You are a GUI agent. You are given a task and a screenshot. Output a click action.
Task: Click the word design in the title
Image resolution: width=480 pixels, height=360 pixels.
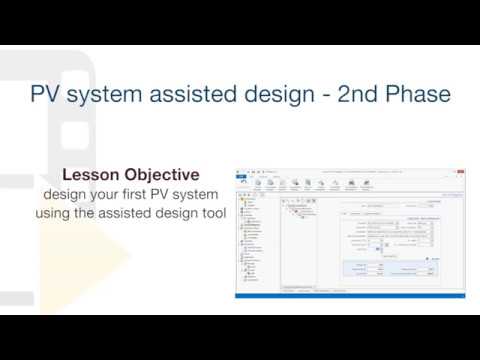pos(263,95)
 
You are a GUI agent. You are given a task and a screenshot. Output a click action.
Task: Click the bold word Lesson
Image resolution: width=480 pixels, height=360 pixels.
pos(93,173)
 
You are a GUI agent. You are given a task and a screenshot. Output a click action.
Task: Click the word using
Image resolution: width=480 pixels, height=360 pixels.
pos(56,213)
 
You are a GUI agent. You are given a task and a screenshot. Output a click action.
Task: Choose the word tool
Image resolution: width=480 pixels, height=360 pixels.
pos(212,213)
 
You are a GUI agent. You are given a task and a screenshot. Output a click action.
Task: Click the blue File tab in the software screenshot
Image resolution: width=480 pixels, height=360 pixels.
pos(241,177)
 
